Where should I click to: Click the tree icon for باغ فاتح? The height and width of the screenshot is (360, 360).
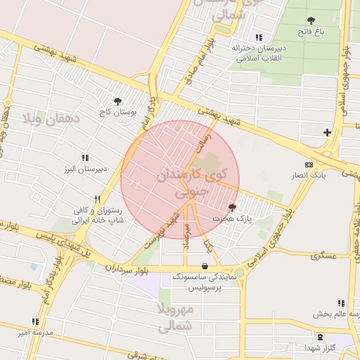311,21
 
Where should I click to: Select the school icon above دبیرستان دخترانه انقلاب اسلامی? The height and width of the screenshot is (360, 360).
259,37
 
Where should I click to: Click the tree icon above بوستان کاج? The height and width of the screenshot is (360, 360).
117,101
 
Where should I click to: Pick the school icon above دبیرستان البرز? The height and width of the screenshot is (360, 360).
85,158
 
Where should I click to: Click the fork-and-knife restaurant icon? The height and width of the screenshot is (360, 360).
96,199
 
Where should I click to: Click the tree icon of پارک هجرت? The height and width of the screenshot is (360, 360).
233,207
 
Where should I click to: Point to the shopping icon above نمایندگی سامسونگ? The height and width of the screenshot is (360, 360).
204,266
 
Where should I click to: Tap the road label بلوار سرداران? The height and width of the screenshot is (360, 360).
130,268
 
